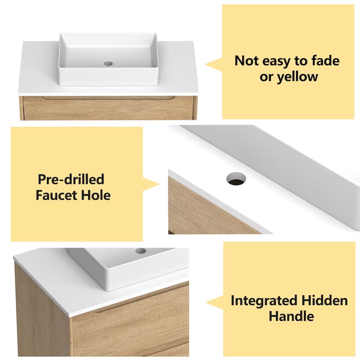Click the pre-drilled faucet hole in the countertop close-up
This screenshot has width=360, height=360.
(236, 179)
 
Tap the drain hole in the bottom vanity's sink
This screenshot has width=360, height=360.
(141, 251)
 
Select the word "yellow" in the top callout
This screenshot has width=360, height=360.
(297, 76)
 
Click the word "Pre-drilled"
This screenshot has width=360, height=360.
(71, 180)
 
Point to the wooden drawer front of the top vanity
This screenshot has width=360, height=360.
(108, 109)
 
